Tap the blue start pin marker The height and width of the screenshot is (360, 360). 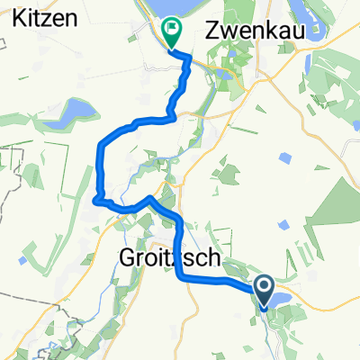point(265,290)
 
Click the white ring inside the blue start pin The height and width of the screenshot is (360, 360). point(265,286)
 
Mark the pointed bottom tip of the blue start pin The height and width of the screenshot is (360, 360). point(265,309)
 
